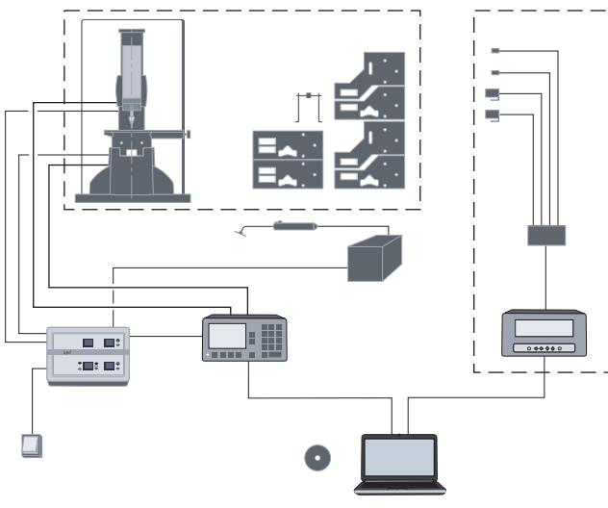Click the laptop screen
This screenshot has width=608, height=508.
point(398,458)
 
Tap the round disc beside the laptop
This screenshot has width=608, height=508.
point(316,458)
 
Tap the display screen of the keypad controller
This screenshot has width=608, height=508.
point(228,335)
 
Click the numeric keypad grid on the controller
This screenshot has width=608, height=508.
point(272,336)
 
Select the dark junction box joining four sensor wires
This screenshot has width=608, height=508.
point(546,235)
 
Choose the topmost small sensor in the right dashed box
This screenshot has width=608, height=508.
point(495,50)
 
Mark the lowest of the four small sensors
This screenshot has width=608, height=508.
point(494,116)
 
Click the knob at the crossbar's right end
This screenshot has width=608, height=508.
point(190,133)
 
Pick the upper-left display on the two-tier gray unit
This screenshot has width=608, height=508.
point(87,343)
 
